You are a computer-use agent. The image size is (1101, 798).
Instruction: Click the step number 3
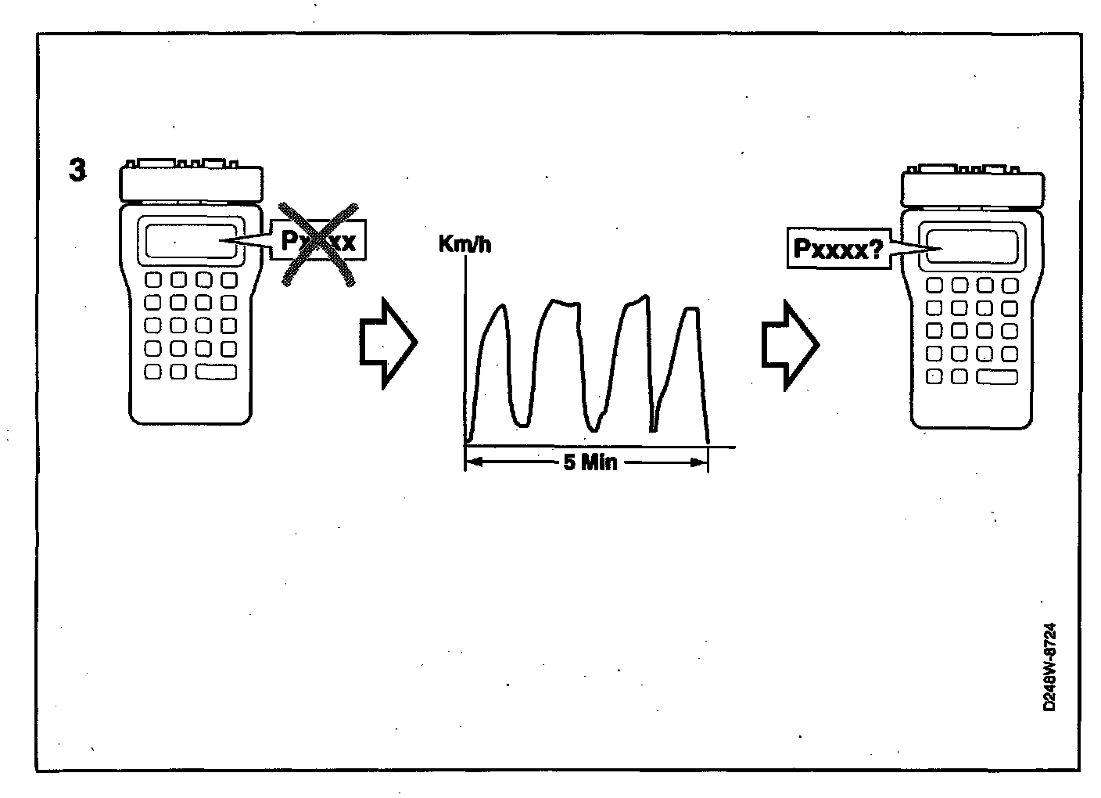[77, 171]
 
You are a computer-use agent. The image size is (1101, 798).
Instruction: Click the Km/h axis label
[465, 244]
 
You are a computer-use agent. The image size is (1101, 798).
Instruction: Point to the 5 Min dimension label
[590, 462]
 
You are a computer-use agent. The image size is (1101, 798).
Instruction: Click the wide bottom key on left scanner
[216, 372]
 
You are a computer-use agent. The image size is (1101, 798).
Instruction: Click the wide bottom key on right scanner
[996, 376]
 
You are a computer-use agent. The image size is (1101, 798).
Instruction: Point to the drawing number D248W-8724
[1049, 667]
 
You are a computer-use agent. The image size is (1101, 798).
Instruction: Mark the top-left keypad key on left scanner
[154, 279]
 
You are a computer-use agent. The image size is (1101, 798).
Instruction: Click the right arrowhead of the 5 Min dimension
[699, 462]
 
